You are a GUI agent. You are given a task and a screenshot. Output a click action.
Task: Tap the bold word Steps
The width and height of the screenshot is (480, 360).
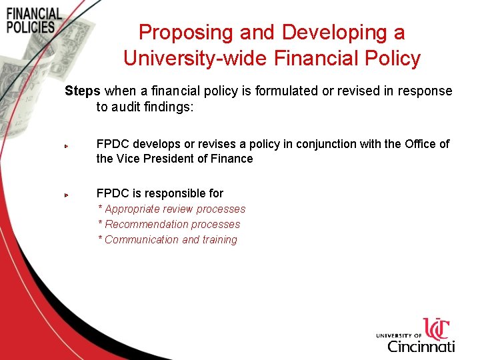pyautogui.click(x=82, y=91)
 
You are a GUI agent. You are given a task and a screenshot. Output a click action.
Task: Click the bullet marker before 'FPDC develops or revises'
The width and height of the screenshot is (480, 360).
pyautogui.click(x=67, y=145)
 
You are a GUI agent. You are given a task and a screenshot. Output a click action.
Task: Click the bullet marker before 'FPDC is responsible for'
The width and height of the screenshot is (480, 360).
pyautogui.click(x=67, y=195)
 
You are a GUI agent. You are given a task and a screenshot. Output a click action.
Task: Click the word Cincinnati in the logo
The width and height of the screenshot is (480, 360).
pyautogui.click(x=421, y=346)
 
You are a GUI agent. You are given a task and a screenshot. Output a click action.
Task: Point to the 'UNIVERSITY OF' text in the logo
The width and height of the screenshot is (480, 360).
pyautogui.click(x=399, y=335)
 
